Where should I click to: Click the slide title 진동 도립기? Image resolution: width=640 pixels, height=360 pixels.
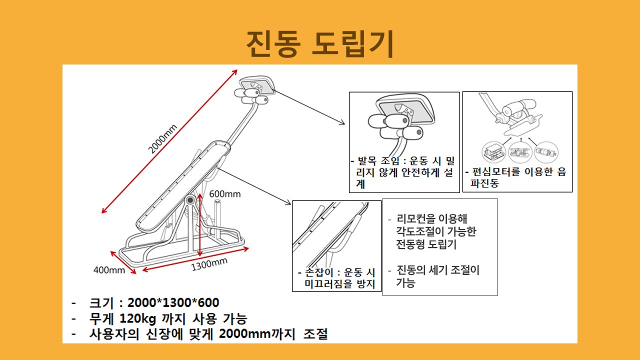320,43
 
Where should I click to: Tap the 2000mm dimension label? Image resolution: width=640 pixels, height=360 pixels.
162,139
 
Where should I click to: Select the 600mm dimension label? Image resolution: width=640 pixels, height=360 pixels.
225,194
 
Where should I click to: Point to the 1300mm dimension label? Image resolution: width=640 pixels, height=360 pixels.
209,264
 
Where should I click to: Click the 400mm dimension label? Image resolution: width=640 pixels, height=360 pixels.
109,270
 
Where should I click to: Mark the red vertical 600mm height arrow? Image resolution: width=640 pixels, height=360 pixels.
199,224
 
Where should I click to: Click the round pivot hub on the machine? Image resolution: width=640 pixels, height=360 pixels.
189,200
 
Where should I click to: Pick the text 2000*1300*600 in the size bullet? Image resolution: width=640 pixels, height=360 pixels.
173,302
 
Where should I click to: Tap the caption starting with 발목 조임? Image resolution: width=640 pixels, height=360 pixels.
403,172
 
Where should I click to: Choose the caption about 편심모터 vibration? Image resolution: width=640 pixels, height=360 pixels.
515,177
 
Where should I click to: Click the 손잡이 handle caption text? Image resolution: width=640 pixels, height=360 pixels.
336,278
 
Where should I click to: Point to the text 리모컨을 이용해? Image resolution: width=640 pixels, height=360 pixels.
431,219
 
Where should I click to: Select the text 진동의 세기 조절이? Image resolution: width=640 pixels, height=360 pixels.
438,270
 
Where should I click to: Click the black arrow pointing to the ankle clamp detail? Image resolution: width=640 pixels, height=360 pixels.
309,107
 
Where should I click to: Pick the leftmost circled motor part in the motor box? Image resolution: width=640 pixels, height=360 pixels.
493,152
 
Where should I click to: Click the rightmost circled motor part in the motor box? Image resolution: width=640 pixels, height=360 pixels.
546,152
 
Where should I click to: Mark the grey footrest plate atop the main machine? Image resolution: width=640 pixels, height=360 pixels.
256,85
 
